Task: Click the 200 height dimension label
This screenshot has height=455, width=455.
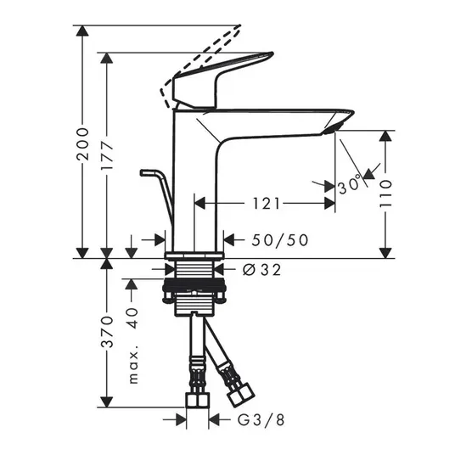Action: [x=82, y=144]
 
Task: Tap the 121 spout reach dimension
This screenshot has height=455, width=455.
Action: [x=267, y=204]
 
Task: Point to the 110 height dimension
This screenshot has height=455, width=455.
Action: [x=385, y=194]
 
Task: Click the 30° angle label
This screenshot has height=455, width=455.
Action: [x=351, y=185]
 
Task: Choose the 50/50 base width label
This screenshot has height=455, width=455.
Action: [x=280, y=240]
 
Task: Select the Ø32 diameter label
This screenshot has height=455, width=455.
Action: [x=261, y=270]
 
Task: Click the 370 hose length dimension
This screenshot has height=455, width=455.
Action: [x=107, y=332]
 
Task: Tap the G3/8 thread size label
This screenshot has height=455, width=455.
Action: [x=261, y=420]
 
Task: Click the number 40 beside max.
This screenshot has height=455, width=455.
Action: [x=133, y=318]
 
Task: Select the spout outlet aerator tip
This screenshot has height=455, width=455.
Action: [x=333, y=129]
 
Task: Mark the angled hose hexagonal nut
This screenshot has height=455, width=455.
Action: [x=240, y=396]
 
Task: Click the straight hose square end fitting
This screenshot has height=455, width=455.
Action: [x=197, y=400]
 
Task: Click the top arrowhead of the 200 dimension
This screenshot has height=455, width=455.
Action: [x=82, y=31]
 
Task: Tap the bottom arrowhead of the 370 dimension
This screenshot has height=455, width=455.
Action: [x=107, y=402]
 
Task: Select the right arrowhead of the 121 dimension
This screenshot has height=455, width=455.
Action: [x=330, y=204]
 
